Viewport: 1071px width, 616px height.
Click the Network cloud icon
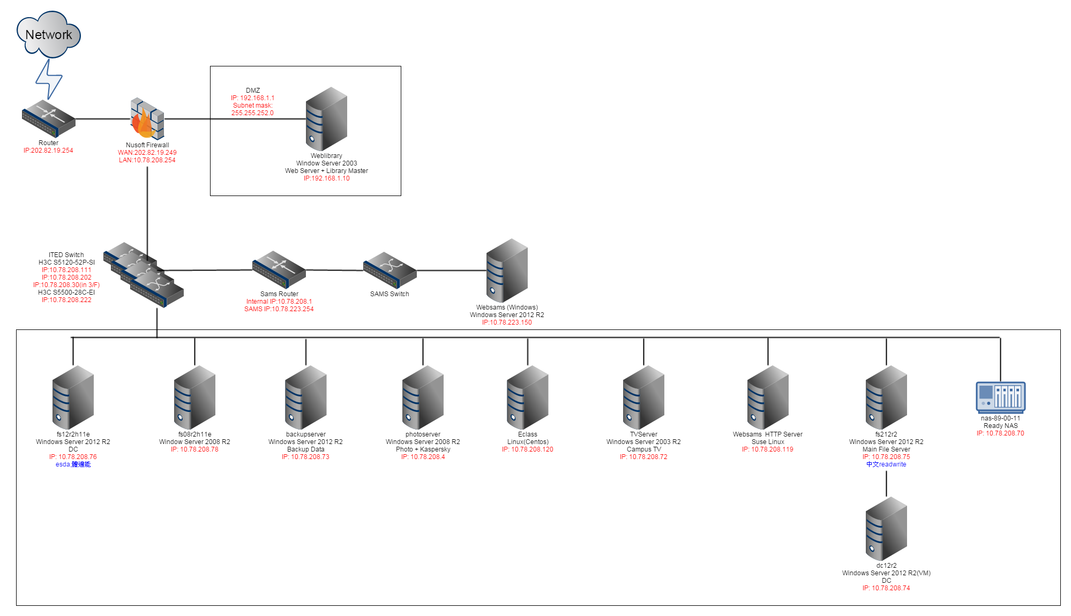(48, 34)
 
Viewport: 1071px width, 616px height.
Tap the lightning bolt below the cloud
(49, 79)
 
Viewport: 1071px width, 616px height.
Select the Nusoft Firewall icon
(147, 118)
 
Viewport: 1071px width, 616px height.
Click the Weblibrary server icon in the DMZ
(326, 118)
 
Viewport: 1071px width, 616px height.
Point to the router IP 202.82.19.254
(48, 151)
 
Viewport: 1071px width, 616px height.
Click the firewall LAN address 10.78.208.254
(147, 160)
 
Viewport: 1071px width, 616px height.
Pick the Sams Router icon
(279, 269)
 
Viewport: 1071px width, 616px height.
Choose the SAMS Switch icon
(390, 270)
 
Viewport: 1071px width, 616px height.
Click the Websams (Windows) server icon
(507, 270)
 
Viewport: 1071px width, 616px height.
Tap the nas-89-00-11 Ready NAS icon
(1000, 397)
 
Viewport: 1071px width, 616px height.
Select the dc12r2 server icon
(886, 528)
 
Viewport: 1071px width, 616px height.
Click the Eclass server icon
(527, 397)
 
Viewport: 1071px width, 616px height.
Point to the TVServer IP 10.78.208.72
(643, 457)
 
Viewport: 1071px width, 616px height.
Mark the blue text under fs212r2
(886, 464)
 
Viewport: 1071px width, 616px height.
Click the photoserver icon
(423, 397)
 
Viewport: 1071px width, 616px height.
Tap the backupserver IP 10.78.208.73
(305, 457)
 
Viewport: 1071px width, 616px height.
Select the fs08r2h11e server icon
(194, 397)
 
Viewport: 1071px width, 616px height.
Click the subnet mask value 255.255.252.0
(252, 113)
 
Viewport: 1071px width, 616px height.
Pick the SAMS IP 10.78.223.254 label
(279, 309)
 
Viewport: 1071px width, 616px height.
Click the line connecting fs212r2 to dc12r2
(886, 483)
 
